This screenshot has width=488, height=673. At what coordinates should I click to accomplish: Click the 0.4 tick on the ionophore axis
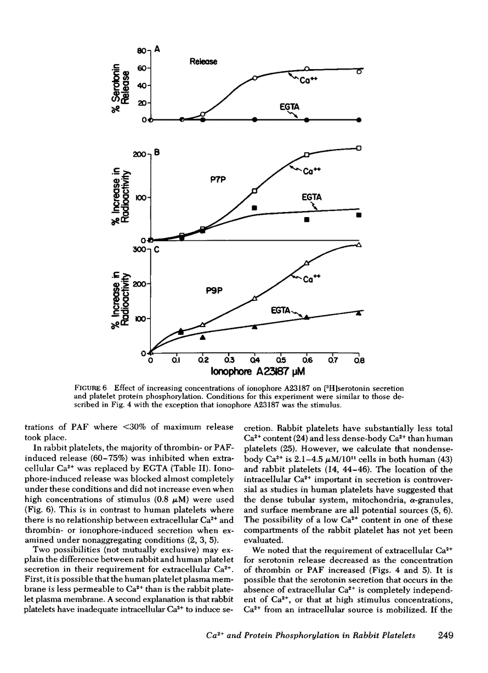tap(254, 360)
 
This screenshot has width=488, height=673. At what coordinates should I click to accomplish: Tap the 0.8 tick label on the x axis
tap(359, 360)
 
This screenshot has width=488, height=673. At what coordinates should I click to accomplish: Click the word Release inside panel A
tap(203, 61)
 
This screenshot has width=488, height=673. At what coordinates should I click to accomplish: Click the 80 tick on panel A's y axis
tap(141, 51)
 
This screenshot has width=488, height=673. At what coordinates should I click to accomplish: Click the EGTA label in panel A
tap(288, 107)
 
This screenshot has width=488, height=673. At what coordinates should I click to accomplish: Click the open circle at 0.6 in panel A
tap(307, 69)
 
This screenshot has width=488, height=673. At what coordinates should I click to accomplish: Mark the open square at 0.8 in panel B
tap(359, 148)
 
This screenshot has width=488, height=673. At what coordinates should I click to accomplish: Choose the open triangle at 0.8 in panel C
tap(359, 244)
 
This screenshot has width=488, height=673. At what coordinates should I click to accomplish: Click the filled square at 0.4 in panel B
tap(254, 208)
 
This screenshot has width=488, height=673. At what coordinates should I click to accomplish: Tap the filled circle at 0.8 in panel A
tap(359, 119)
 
